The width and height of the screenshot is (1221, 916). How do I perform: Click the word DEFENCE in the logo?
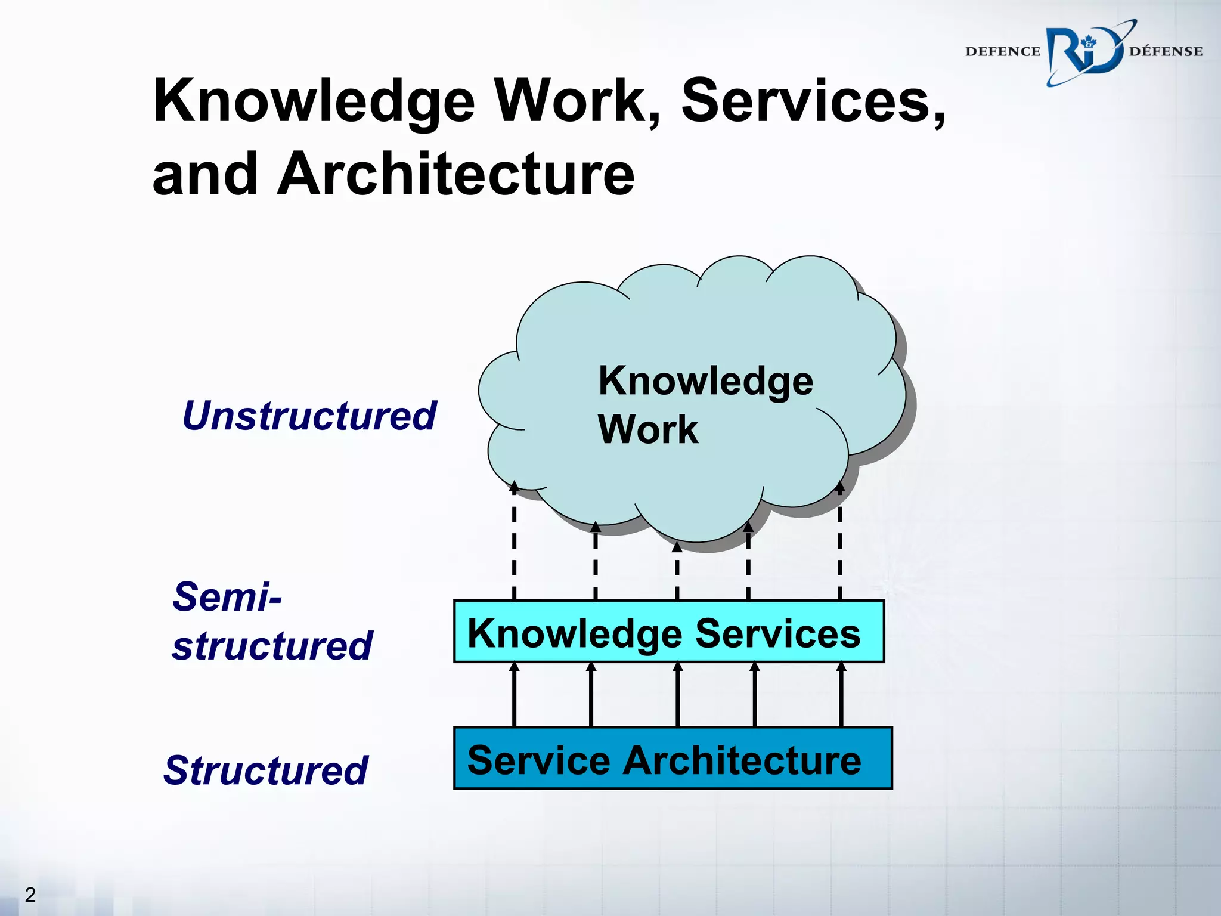tap(1002, 52)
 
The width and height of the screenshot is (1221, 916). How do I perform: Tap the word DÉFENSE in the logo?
tap(1166, 52)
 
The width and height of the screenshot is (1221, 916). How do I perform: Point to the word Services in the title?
tap(813, 101)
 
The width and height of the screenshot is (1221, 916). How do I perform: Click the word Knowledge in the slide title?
tap(314, 101)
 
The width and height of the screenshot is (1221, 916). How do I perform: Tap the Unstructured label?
tap(309, 416)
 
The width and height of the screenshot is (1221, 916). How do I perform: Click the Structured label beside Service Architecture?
tap(266, 770)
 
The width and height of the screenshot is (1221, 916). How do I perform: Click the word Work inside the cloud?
tap(648, 429)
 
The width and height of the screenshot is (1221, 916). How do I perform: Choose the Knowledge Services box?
tap(668, 632)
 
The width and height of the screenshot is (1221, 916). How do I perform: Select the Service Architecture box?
tap(673, 759)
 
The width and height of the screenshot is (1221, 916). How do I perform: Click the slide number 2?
tap(30, 895)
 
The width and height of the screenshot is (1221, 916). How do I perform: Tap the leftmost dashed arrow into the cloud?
tap(514, 543)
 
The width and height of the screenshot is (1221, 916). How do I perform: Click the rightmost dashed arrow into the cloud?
tap(839, 543)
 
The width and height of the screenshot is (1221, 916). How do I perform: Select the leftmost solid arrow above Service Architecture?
tap(514, 695)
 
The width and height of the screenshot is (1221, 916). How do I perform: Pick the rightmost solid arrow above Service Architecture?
tap(841, 695)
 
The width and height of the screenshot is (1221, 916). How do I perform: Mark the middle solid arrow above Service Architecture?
tap(678, 695)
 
